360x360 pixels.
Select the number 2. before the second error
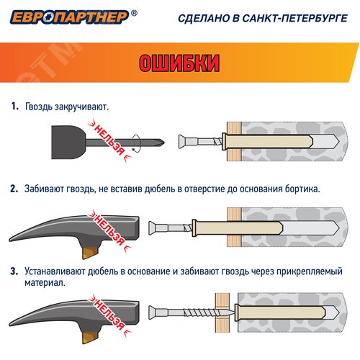(x=14, y=189)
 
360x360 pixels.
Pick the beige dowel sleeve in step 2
(x=209, y=225)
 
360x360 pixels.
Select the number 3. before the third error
(x=14, y=272)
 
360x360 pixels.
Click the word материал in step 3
(x=42, y=283)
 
